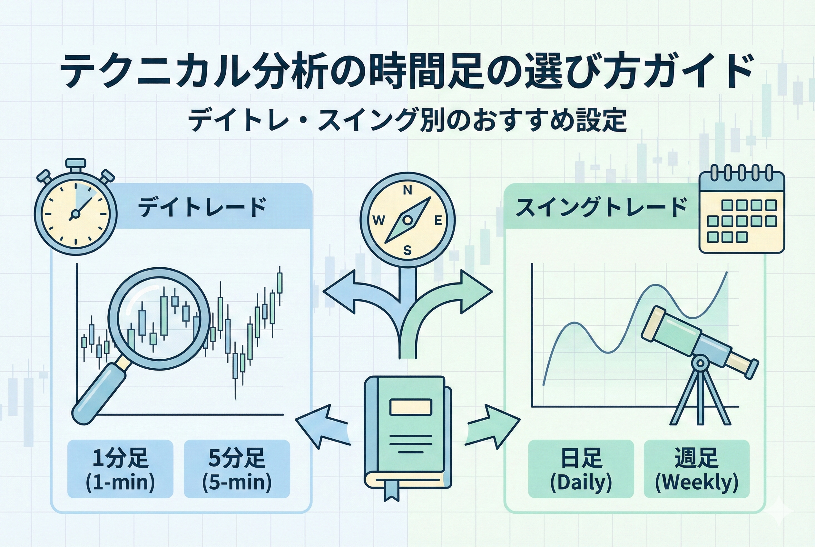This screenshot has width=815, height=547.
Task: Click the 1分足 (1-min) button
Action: pos(120,469)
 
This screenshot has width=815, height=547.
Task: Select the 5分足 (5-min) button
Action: pos(237,469)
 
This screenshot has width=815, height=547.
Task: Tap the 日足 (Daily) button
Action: pos(581,469)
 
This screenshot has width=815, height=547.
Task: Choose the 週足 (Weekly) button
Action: pos(696,469)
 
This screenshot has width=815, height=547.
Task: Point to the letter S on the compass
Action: pos(407,250)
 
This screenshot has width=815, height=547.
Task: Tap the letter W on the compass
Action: pos(379,221)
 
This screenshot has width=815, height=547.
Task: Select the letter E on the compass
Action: pos(438,221)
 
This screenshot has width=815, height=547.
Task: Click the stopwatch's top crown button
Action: pos(76,163)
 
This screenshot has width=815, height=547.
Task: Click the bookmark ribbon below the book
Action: pos(391,490)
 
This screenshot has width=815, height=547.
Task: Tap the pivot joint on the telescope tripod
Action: pos(700,363)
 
